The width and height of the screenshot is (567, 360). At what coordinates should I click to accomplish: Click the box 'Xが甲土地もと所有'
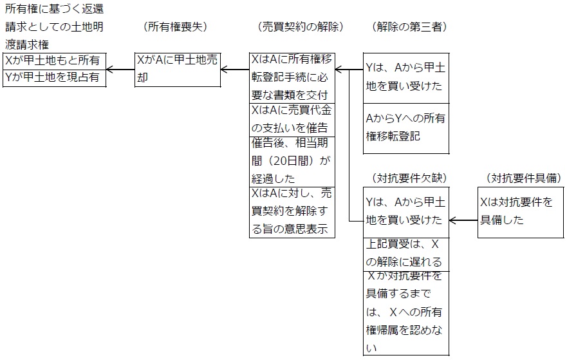(x=54, y=61)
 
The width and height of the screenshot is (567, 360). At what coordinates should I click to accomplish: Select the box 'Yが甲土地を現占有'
(x=54, y=77)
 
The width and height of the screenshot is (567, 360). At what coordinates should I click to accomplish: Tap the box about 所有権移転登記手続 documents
(x=292, y=77)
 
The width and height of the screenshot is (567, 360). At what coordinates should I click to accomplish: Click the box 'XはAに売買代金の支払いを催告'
(x=292, y=119)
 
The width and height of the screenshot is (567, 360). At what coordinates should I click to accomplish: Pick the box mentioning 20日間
(x=292, y=161)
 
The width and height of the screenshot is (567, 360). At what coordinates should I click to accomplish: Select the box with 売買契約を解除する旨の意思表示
(x=292, y=212)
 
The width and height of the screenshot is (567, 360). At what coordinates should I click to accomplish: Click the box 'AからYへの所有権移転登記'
(x=405, y=128)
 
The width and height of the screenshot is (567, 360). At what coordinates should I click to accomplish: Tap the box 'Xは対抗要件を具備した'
(x=521, y=212)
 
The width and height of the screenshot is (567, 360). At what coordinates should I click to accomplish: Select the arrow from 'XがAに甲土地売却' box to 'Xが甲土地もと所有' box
(x=120, y=69)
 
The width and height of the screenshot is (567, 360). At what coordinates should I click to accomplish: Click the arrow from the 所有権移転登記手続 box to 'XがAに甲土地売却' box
(x=236, y=69)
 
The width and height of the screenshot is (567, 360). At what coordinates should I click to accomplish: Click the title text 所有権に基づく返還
(x=54, y=11)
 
